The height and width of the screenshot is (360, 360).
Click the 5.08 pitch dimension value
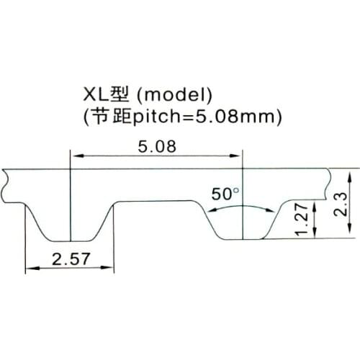[x=156, y=145]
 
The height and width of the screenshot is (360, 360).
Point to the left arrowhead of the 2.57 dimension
[x=30, y=269]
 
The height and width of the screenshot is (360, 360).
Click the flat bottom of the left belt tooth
[x=70, y=240]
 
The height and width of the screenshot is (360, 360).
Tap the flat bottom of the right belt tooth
[x=243, y=239]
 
